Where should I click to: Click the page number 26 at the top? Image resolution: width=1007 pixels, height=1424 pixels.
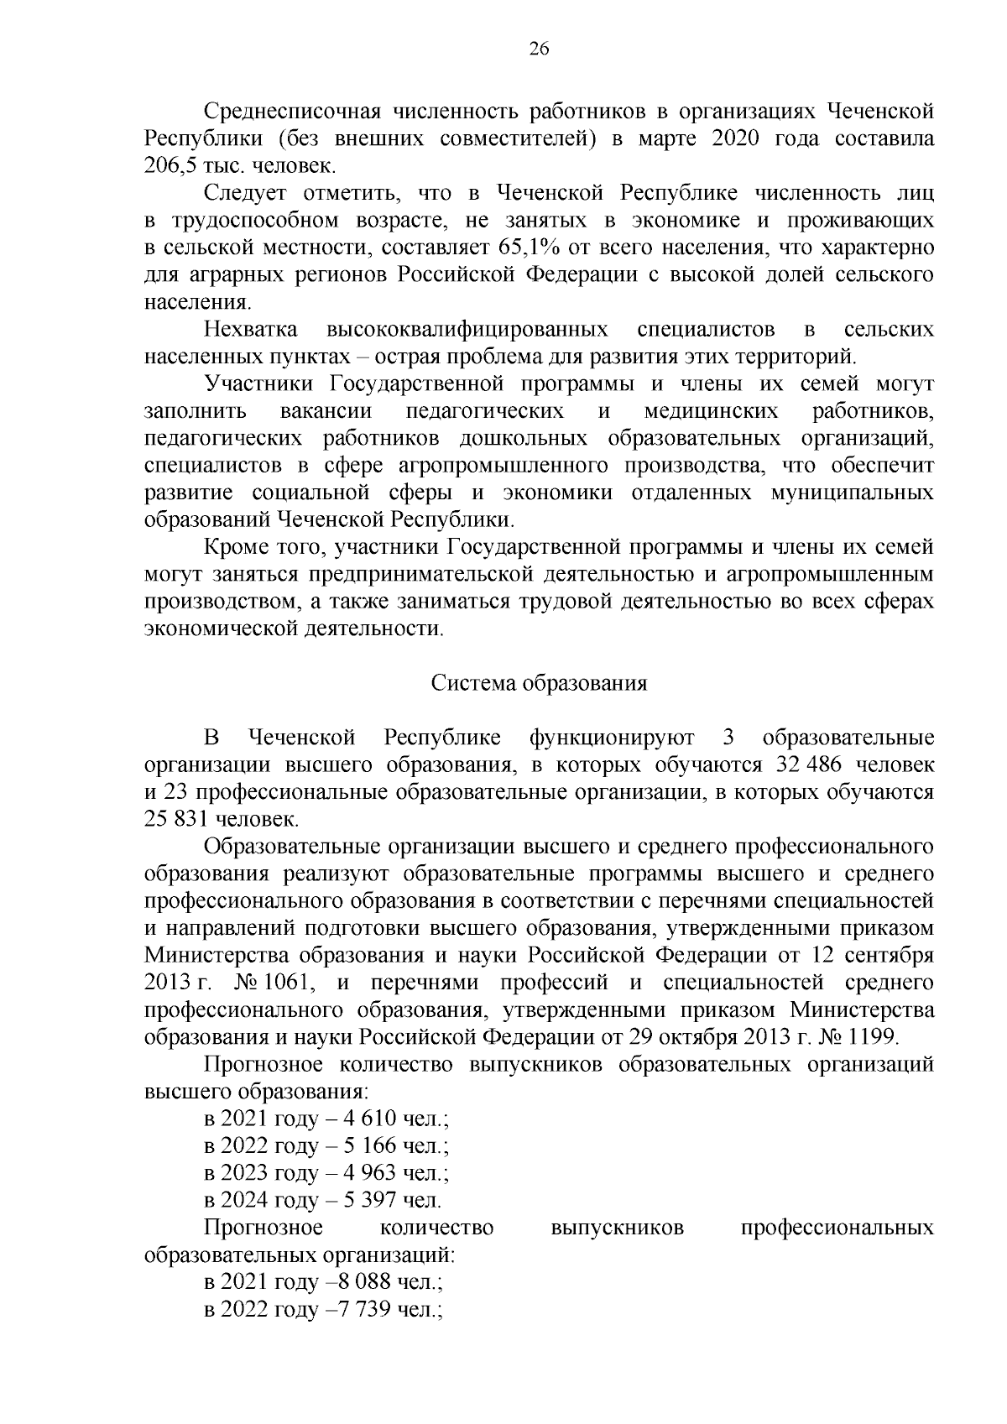(x=539, y=49)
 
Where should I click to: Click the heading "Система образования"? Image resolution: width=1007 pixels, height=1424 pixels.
(x=540, y=683)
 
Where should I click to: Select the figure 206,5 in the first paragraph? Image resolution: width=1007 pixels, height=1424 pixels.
(x=169, y=166)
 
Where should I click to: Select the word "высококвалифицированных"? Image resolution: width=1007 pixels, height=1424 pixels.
(x=467, y=330)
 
